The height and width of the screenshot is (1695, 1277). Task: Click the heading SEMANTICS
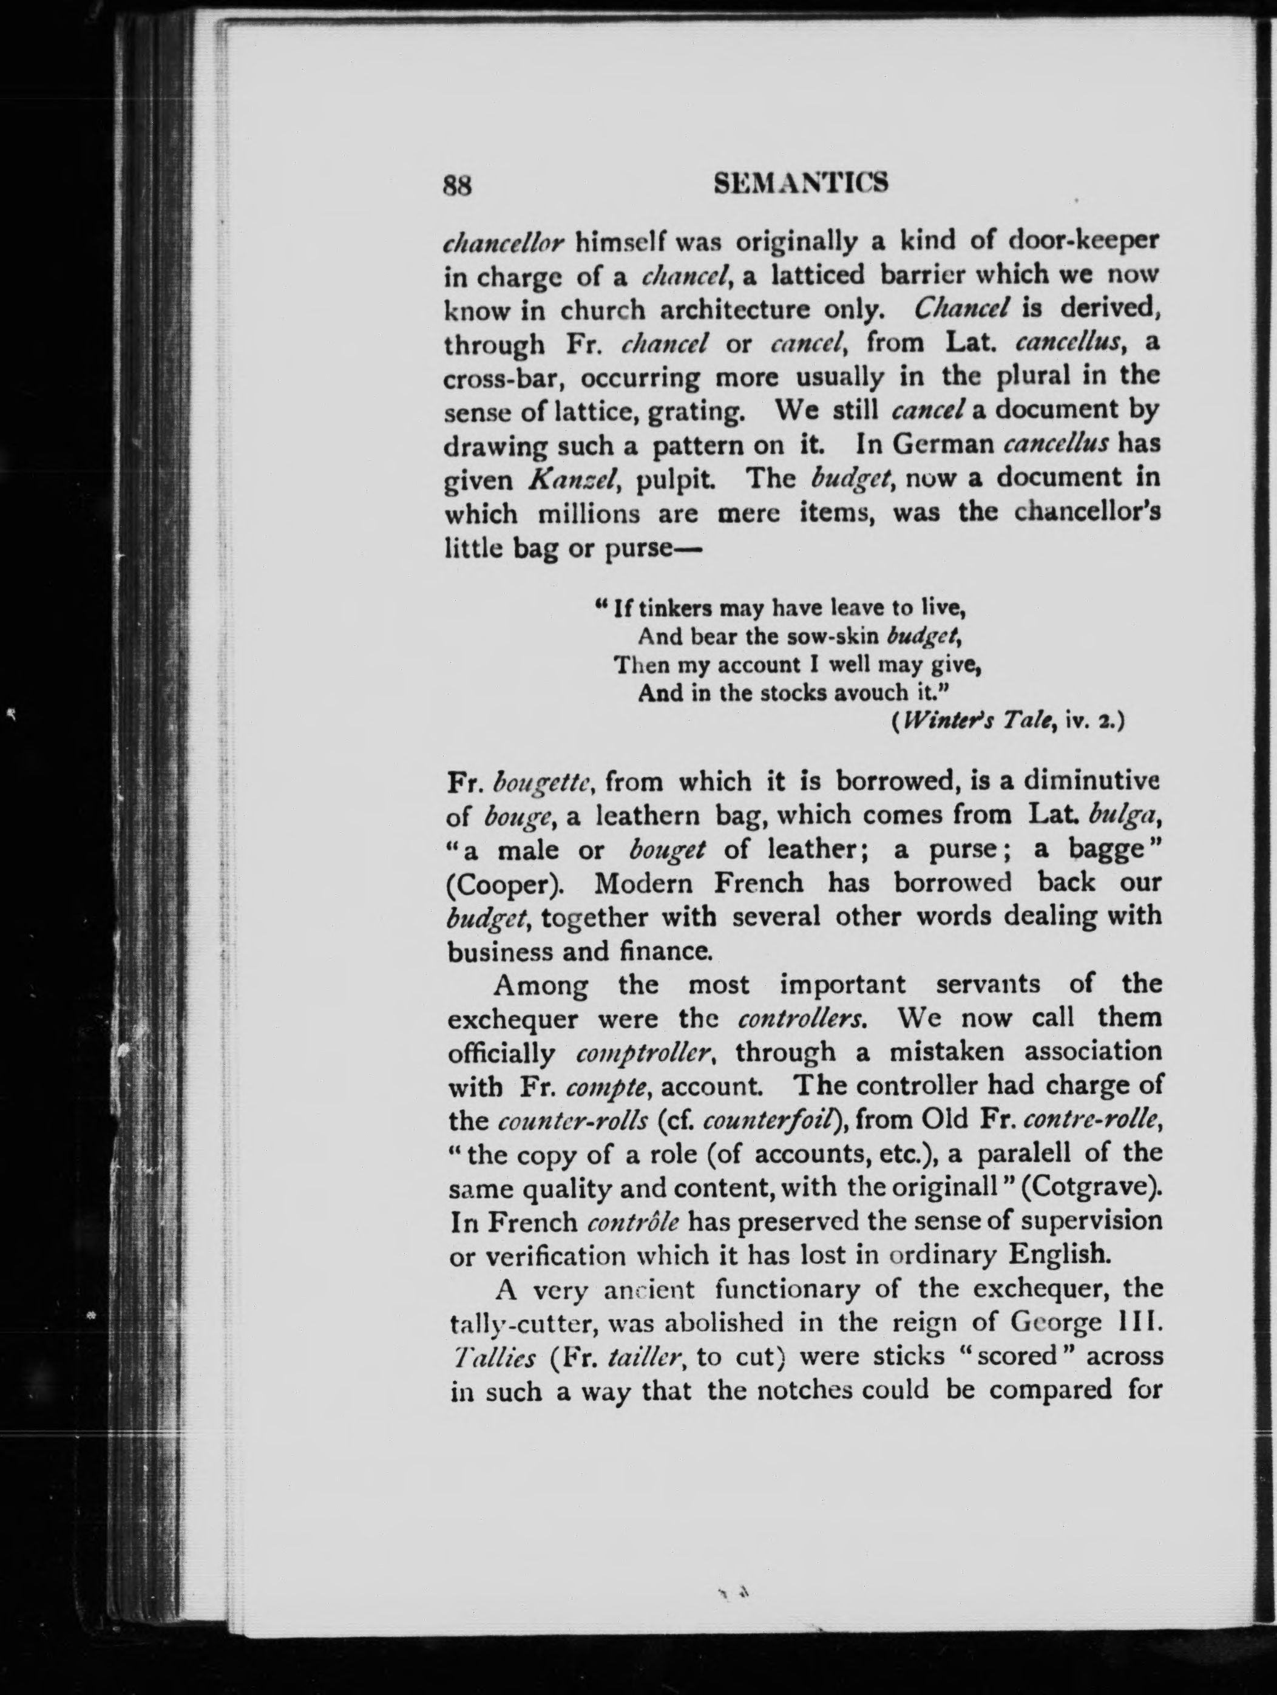coord(800,184)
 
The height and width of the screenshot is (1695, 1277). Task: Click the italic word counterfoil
coord(768,1122)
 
